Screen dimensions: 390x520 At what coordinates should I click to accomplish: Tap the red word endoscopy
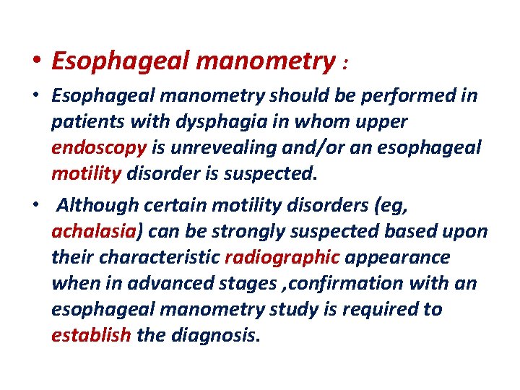[99, 147]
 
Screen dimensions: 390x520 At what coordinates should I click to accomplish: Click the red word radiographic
[282, 257]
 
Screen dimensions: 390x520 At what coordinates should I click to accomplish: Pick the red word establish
[91, 335]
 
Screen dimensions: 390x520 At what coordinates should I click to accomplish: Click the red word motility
[87, 173]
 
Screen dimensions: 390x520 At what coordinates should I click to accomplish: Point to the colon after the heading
[347, 65]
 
